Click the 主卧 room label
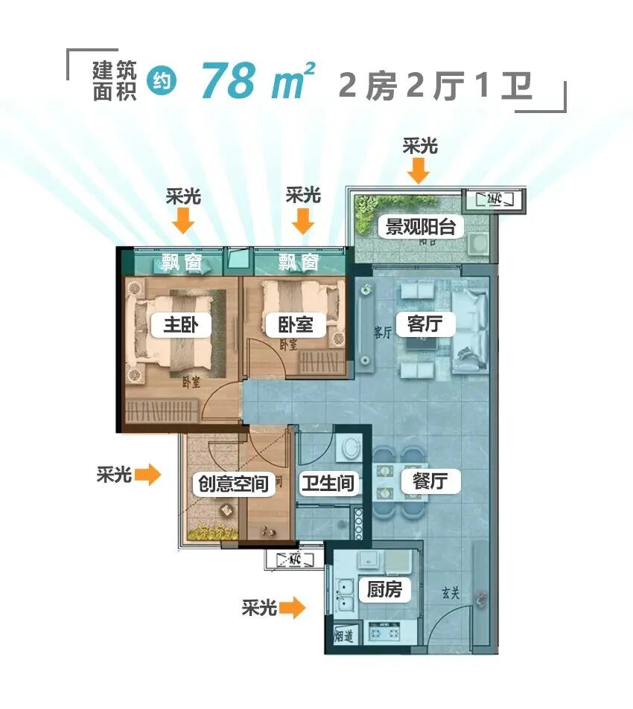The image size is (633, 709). (x=181, y=325)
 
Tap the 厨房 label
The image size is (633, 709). (x=384, y=590)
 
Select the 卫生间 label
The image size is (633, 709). (x=326, y=484)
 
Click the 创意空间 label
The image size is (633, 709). (x=230, y=484)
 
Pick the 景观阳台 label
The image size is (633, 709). (x=420, y=226)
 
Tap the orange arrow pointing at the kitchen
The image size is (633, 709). (x=293, y=609)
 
